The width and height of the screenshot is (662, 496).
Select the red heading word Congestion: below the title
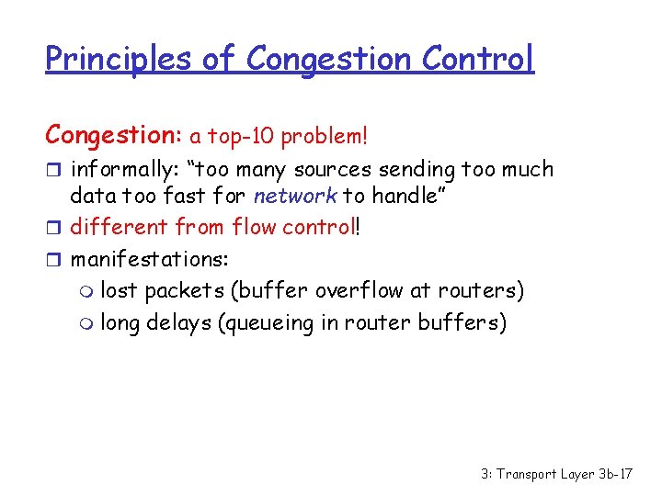click(x=114, y=135)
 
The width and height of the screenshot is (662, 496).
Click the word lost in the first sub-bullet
click(x=119, y=291)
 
